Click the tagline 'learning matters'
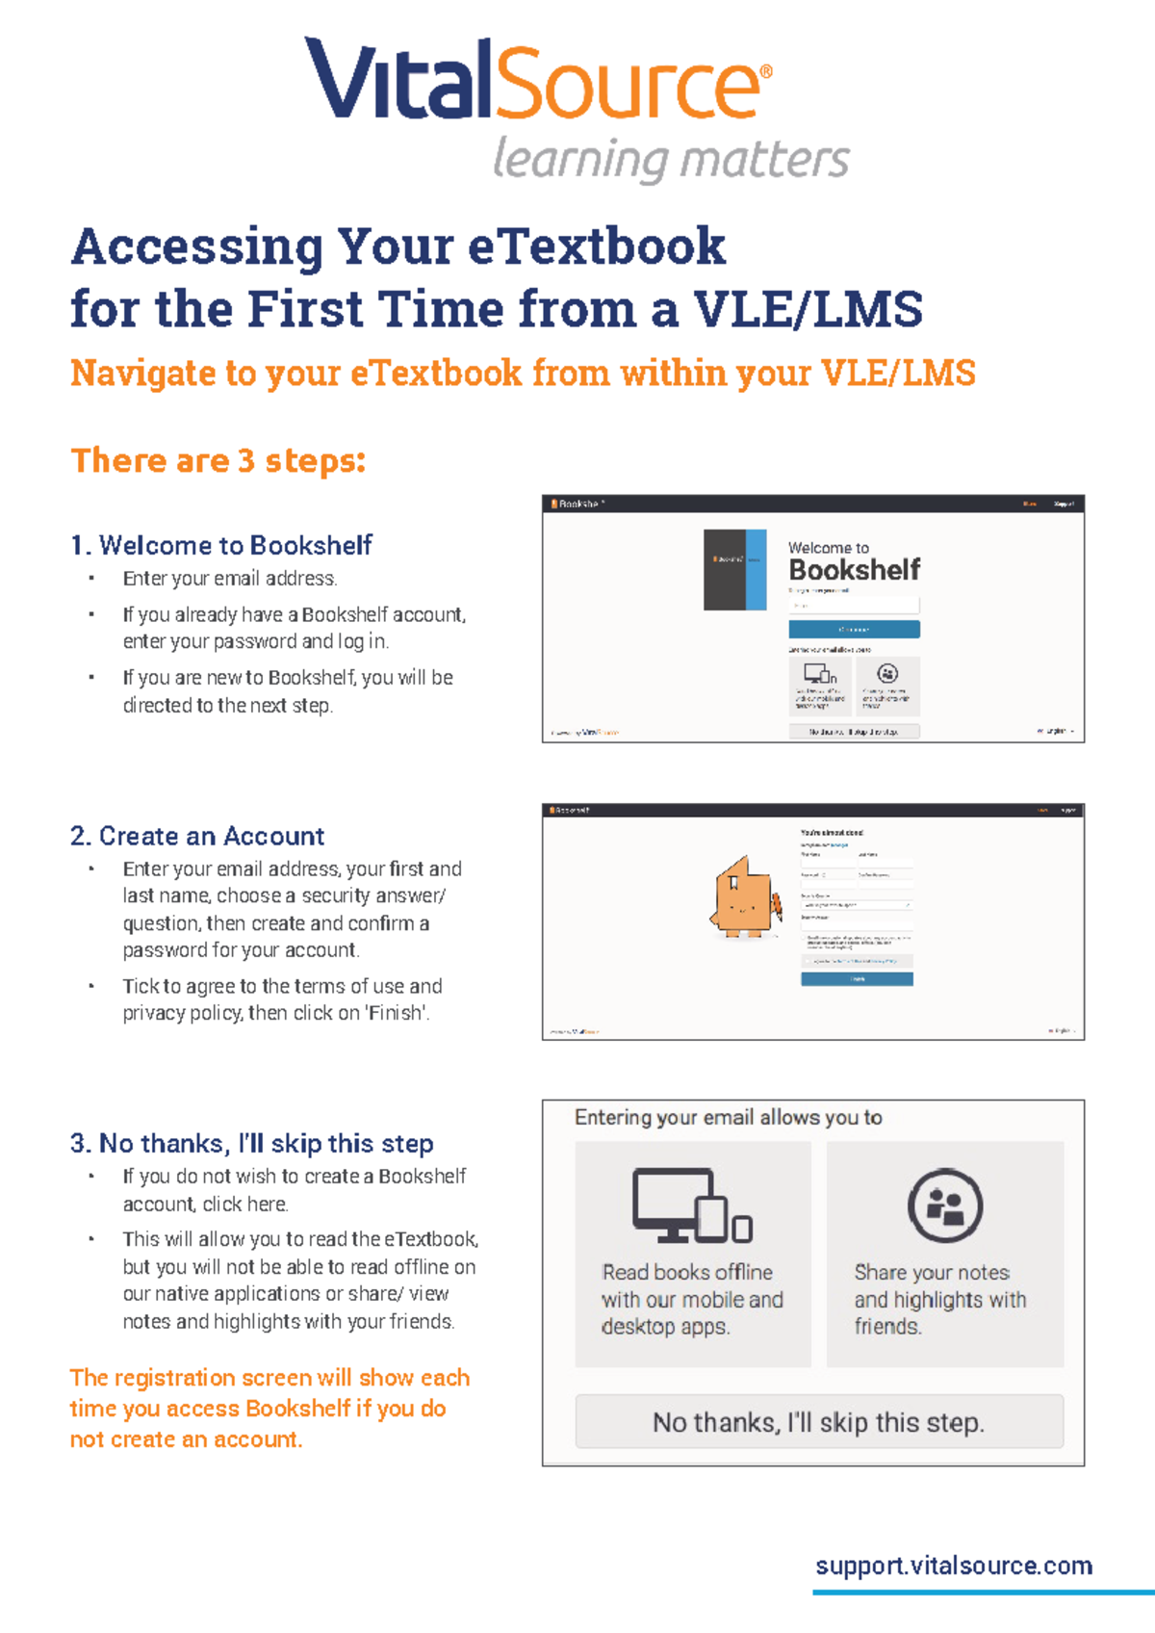(671, 159)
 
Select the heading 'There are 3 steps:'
(218, 460)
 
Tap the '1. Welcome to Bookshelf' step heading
(221, 545)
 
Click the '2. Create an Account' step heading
(197, 836)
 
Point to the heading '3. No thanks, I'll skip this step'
(252, 1143)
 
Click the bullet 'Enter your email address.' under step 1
(229, 579)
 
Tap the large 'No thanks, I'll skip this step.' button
(819, 1422)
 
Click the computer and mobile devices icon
(691, 1205)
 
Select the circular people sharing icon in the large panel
(945, 1205)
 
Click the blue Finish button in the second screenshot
(857, 979)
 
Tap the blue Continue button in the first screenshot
(854, 629)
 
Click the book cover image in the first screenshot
(734, 569)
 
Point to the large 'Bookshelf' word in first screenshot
(855, 570)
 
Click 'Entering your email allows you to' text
(729, 1117)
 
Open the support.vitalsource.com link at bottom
(954, 1565)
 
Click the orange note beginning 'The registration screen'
(269, 1408)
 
